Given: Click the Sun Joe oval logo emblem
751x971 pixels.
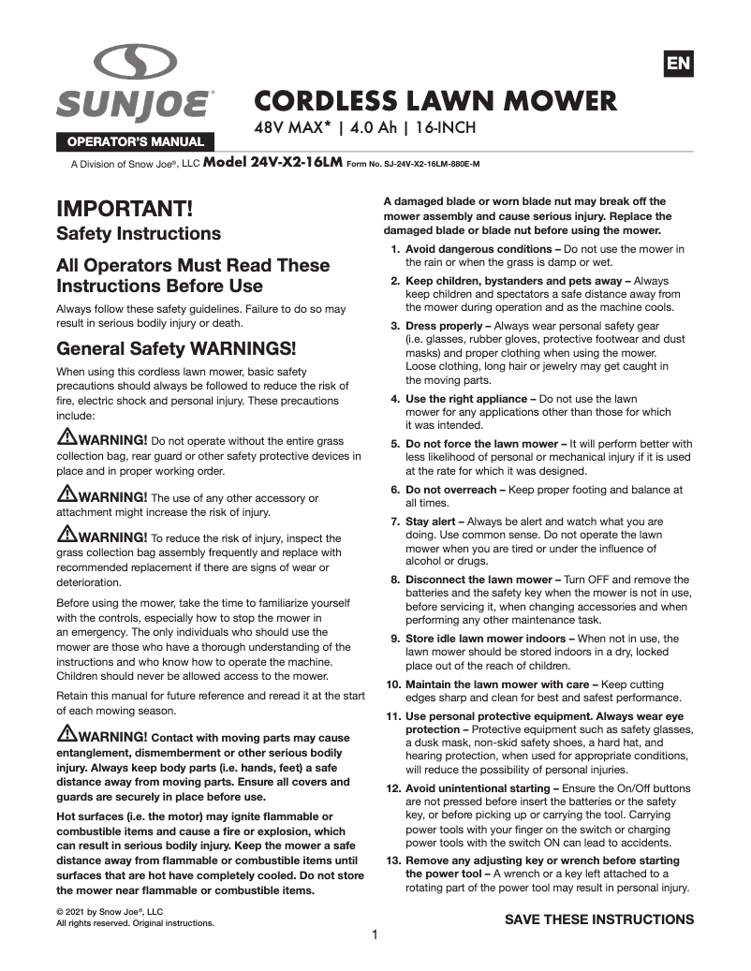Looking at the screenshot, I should [135, 63].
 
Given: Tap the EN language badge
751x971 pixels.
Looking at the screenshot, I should [678, 64].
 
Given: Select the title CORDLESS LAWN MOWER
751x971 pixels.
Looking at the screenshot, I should [435, 101].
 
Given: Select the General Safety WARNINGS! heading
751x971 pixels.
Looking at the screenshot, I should [176, 349].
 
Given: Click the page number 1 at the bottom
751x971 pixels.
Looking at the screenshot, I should [375, 934].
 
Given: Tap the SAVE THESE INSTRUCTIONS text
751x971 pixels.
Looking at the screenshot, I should [599, 920].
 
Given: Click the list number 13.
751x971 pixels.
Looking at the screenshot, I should [393, 861].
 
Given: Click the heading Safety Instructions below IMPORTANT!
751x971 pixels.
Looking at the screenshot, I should [139, 233].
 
